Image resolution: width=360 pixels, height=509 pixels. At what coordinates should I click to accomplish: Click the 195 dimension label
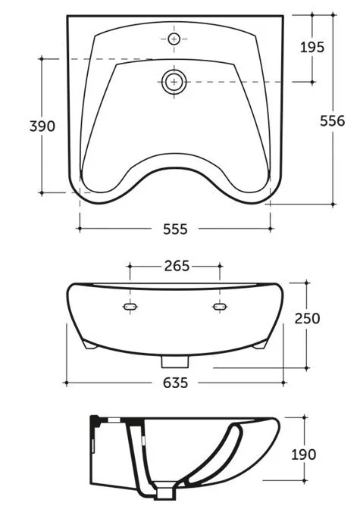point(312,48)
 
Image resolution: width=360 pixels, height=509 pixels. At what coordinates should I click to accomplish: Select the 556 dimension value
point(333,121)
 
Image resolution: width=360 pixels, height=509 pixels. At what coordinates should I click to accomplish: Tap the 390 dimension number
point(42,126)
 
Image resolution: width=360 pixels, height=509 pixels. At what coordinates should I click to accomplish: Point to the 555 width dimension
point(175,230)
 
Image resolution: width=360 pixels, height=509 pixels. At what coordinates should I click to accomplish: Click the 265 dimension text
point(177,266)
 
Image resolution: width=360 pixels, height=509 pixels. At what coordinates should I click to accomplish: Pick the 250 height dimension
point(307,318)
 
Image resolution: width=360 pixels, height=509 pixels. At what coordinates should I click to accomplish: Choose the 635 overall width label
point(175,383)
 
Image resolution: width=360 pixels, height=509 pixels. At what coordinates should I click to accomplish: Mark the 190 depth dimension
point(303,454)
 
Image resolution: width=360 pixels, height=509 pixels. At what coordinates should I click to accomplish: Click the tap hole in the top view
point(174,39)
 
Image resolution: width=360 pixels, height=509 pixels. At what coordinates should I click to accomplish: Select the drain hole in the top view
point(174,81)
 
